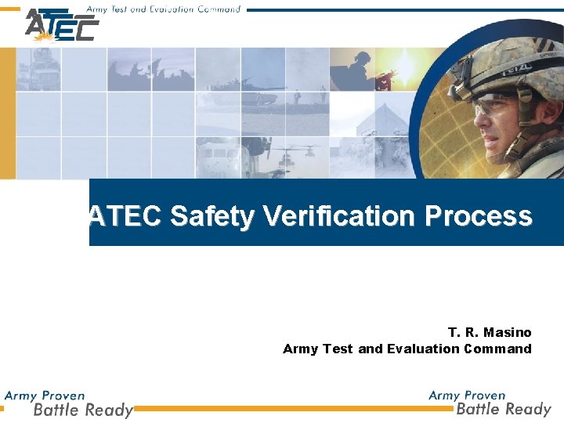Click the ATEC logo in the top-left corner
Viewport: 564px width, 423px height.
click(x=61, y=26)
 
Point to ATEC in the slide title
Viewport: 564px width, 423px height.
click(x=126, y=216)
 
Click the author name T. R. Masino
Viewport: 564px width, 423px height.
click(x=490, y=333)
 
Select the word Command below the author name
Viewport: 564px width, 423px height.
click(x=497, y=349)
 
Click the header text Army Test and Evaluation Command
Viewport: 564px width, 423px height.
click(x=163, y=9)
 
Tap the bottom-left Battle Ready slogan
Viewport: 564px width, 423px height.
click(x=82, y=410)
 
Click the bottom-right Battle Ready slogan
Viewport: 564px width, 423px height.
click(x=504, y=408)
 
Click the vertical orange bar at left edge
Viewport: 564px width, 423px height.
click(x=8, y=114)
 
